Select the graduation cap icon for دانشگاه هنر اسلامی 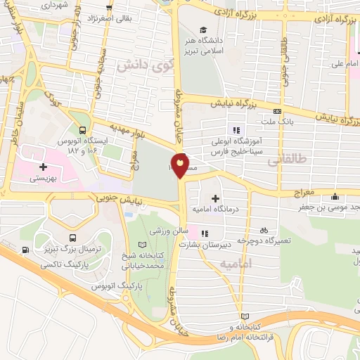(203, 30)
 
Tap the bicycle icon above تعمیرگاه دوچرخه (263, 230)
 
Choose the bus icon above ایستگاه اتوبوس (83, 130)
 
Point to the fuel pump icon (26, 250)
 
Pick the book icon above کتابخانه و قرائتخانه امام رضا (244, 316)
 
